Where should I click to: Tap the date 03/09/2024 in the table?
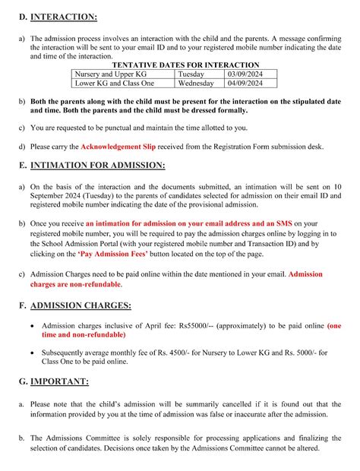(x=251, y=74)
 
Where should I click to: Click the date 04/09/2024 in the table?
(x=251, y=84)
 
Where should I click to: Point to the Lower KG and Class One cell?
(x=114, y=84)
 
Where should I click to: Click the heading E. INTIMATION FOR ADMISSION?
(x=96, y=165)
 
